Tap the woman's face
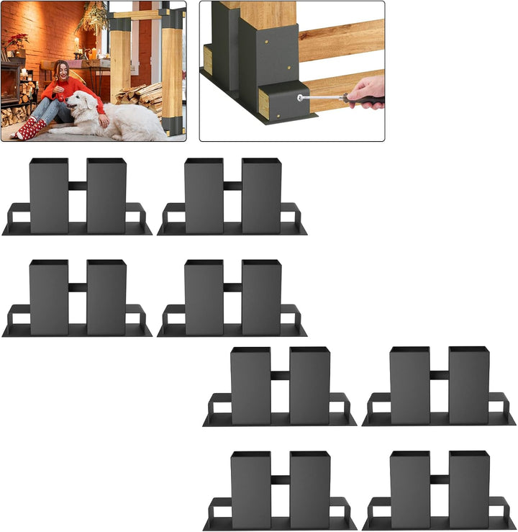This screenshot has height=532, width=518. coord(63,71)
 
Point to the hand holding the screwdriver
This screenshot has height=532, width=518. coord(367,91)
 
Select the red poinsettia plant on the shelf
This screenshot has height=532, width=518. coord(16,41)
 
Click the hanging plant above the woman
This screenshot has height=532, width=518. coord(94,18)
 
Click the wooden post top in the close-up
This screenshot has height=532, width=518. coord(268,14)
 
